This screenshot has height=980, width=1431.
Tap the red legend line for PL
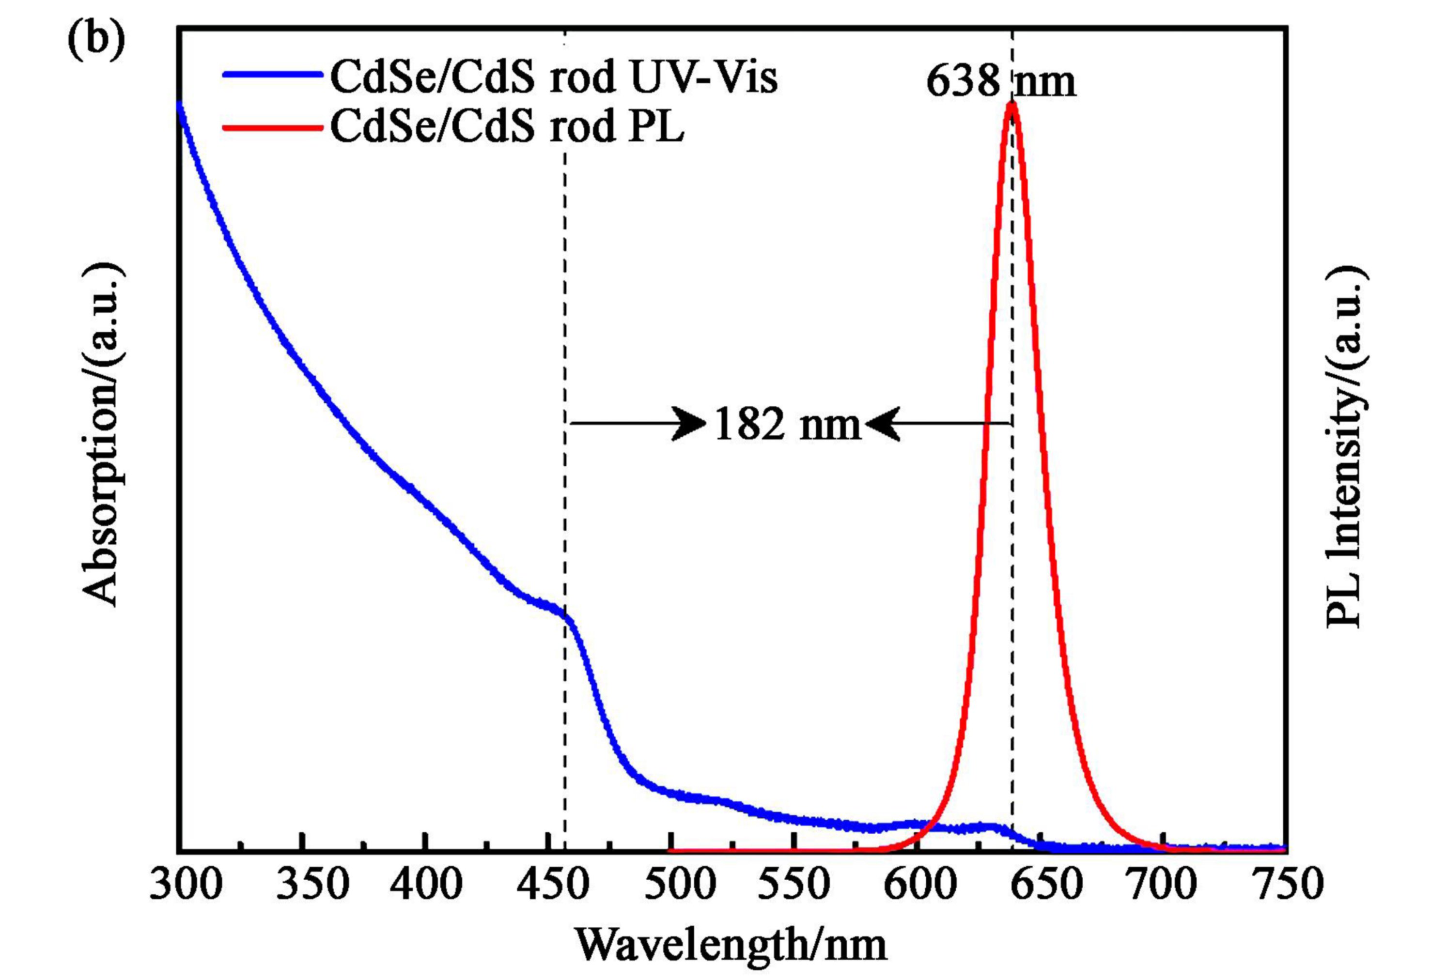click(x=272, y=128)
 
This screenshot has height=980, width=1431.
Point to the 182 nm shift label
click(x=787, y=425)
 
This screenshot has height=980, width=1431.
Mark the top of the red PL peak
click(x=1011, y=105)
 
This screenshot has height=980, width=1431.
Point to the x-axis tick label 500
click(x=680, y=885)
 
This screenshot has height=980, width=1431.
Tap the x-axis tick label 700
click(x=1161, y=885)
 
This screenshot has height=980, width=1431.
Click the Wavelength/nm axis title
click(x=731, y=944)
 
